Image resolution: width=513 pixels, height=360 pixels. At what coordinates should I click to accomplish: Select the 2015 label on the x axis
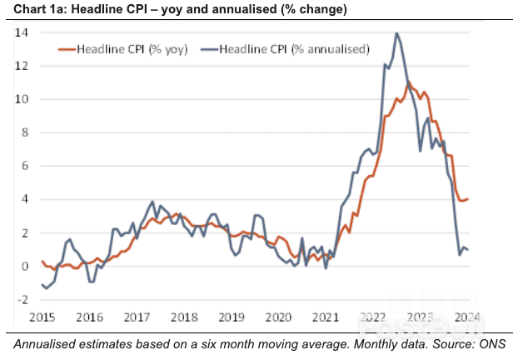click(x=42, y=317)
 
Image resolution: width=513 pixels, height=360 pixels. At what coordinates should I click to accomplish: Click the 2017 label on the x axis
click(x=137, y=317)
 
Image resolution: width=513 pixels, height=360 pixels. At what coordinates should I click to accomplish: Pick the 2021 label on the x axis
click(x=326, y=317)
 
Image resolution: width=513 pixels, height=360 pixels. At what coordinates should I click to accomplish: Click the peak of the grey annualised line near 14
click(x=396, y=33)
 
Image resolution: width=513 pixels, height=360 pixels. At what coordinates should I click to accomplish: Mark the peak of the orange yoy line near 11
click(x=408, y=83)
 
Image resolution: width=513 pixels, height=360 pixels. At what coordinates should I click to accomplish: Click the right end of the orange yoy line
click(x=469, y=198)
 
